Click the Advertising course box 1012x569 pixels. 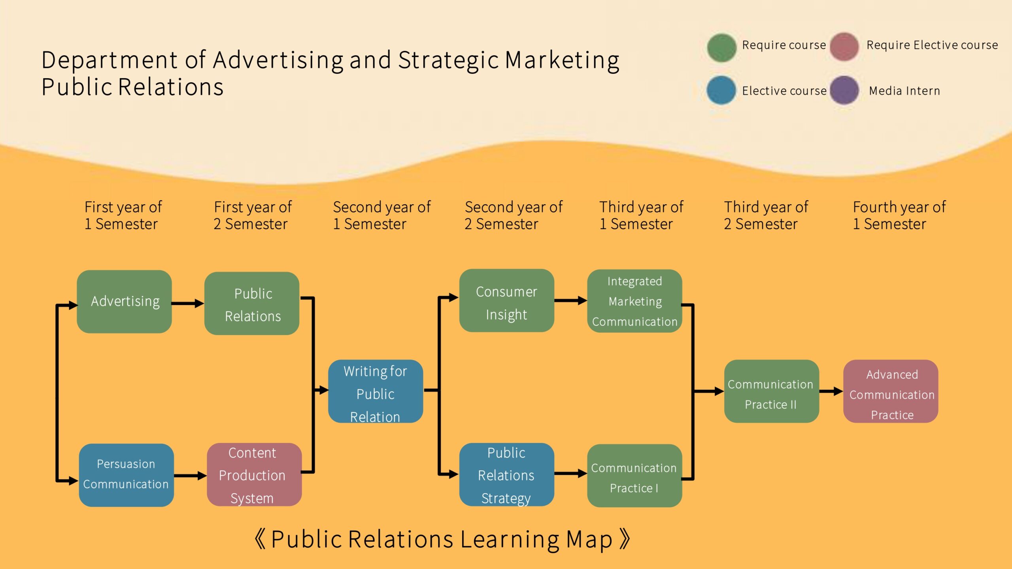coord(124,301)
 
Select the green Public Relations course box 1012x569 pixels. coord(252,303)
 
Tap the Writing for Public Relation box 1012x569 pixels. coord(376,391)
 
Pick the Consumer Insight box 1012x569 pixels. coord(506,301)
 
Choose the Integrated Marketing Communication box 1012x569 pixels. coord(634,301)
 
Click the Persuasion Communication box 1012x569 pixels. coord(126,475)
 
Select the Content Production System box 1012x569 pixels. coord(254,475)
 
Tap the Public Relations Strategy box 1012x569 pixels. coord(506,475)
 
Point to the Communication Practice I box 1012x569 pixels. coord(634,476)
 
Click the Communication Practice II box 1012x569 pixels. coord(771,391)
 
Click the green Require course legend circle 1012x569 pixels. coord(721,47)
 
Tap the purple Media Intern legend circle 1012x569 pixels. coord(844,90)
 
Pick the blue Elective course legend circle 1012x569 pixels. coord(721,90)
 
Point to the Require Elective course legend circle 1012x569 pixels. coord(844,47)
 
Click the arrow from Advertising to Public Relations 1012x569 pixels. coord(188,303)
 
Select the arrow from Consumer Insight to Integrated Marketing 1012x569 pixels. coord(570,301)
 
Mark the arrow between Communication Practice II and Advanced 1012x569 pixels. coord(831,391)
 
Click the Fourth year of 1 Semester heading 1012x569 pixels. coord(899,215)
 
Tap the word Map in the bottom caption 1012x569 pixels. coord(589,540)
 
